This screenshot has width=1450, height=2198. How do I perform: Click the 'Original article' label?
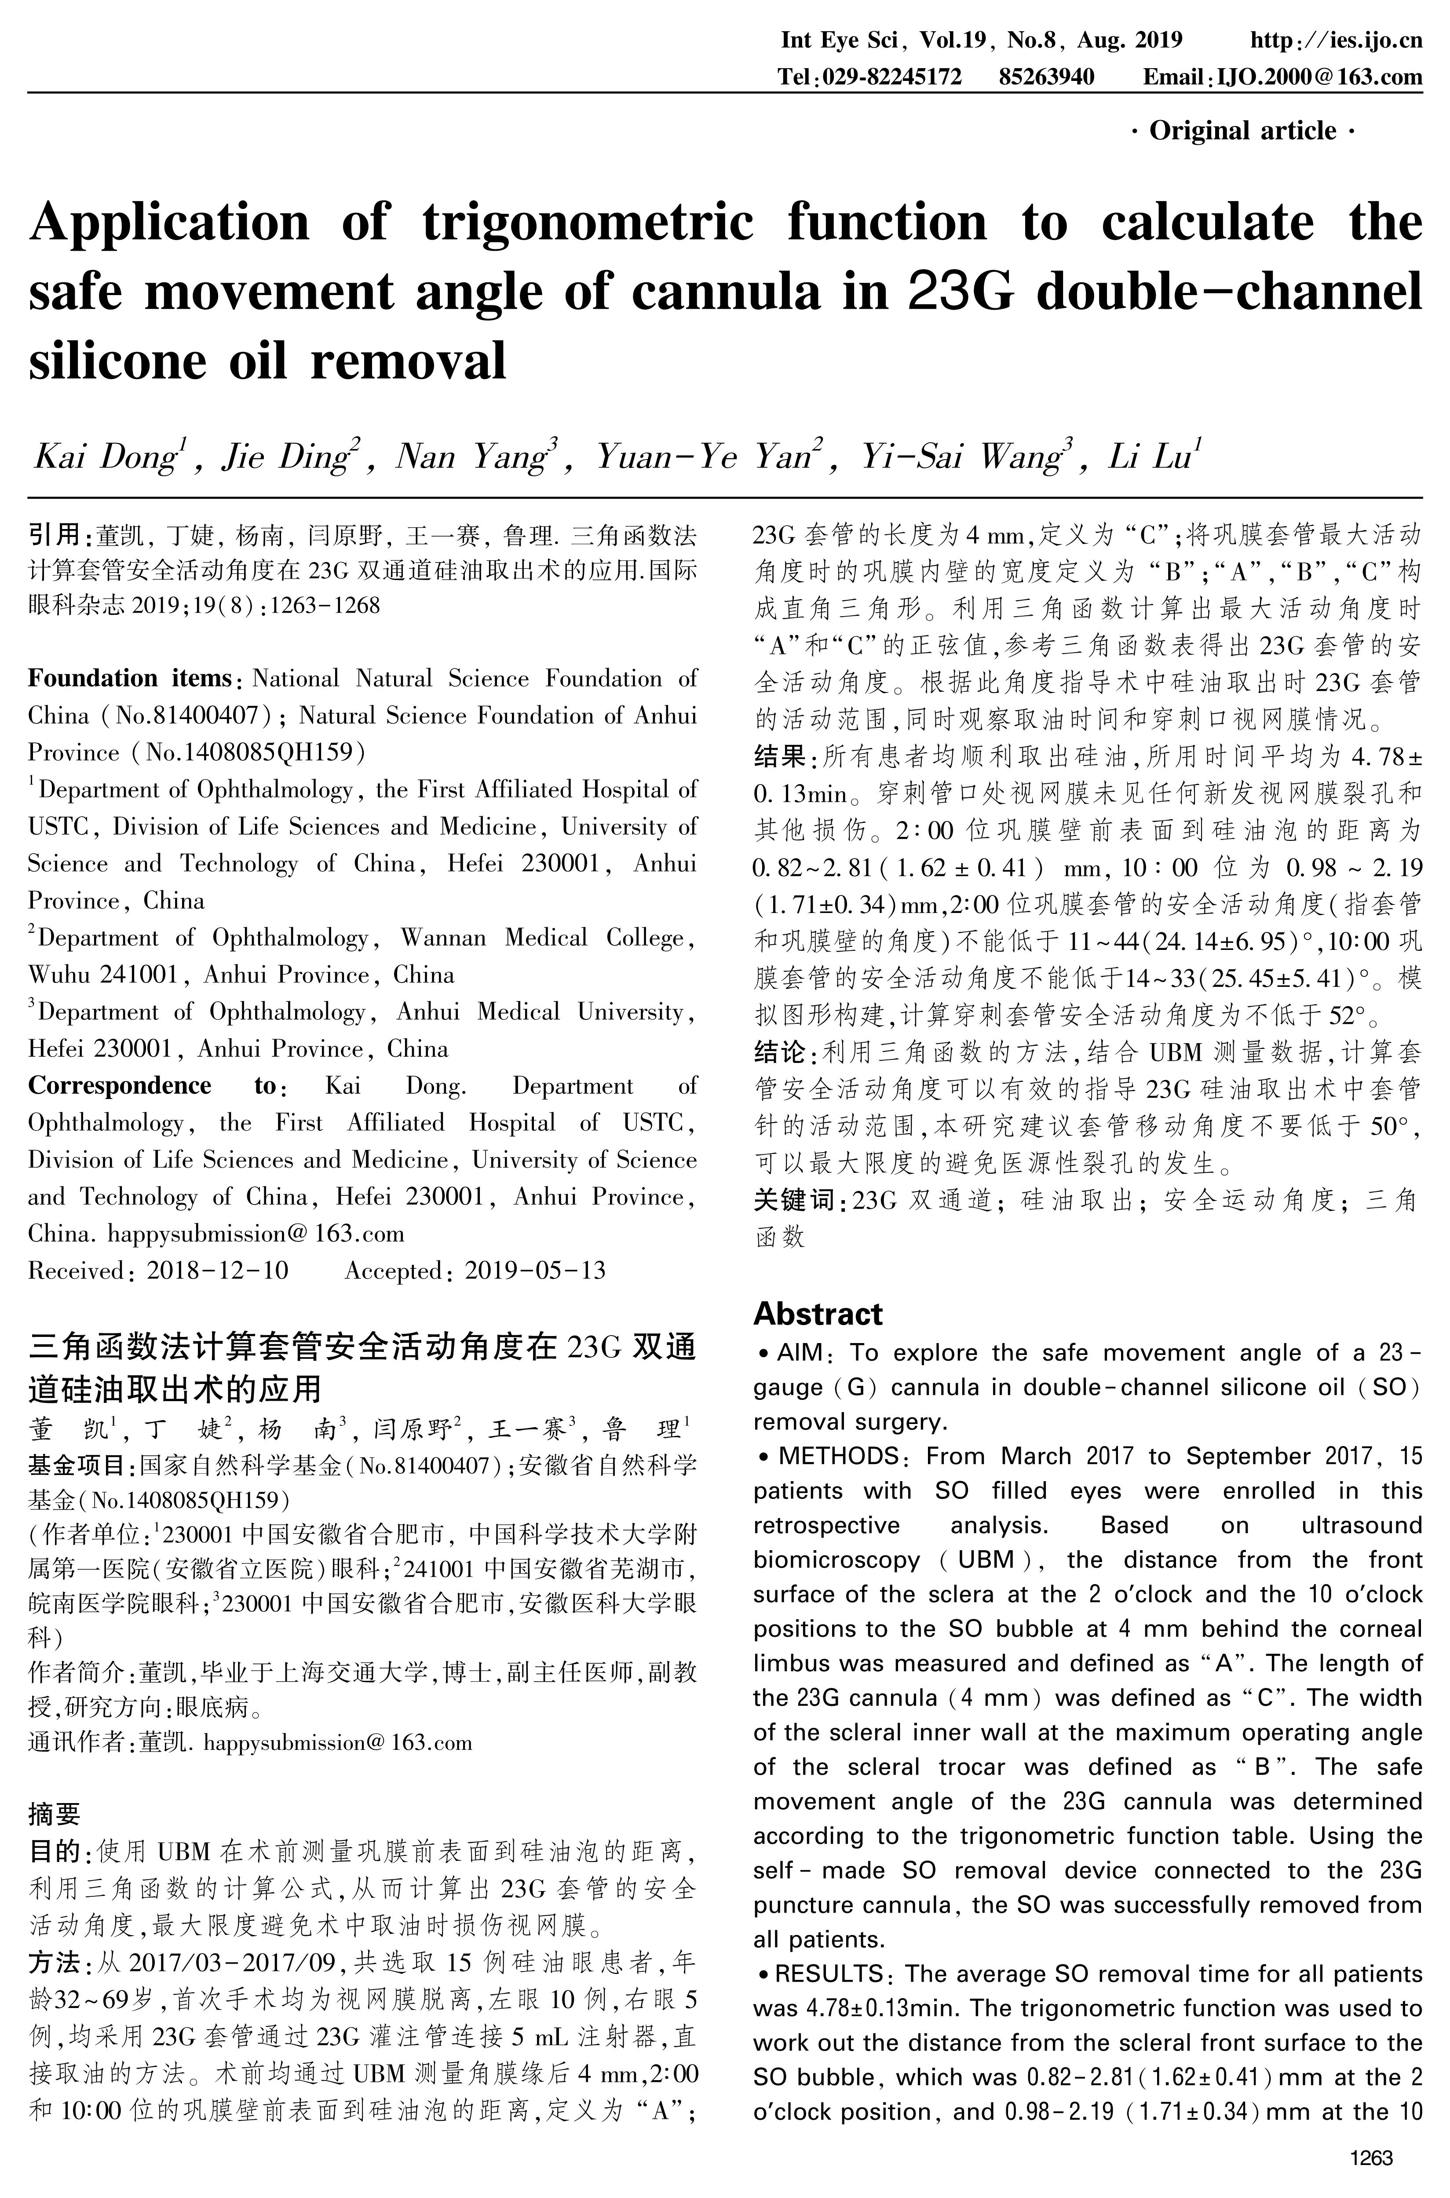[1243, 131]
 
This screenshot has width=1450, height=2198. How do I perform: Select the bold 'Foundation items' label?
[128, 679]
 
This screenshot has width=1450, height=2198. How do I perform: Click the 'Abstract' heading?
[818, 1314]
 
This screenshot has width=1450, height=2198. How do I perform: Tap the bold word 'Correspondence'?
[119, 1086]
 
